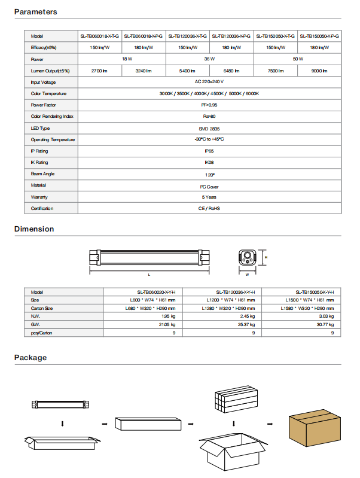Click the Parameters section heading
coord(36,12)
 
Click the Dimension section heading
coord(34,229)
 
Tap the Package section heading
coord(30,358)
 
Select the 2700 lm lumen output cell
coord(99,71)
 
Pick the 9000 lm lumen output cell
coord(319,71)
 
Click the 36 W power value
coord(209,59)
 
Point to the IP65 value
coord(209,151)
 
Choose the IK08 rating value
coord(209,162)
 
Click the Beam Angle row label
coord(43,174)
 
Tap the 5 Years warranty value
coord(209,197)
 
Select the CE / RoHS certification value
coord(209,208)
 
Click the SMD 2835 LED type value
coord(209,128)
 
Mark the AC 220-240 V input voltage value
coord(209,82)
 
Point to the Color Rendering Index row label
coord(52,117)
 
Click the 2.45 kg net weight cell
coord(248,315)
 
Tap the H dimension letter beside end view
coord(266,257)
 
